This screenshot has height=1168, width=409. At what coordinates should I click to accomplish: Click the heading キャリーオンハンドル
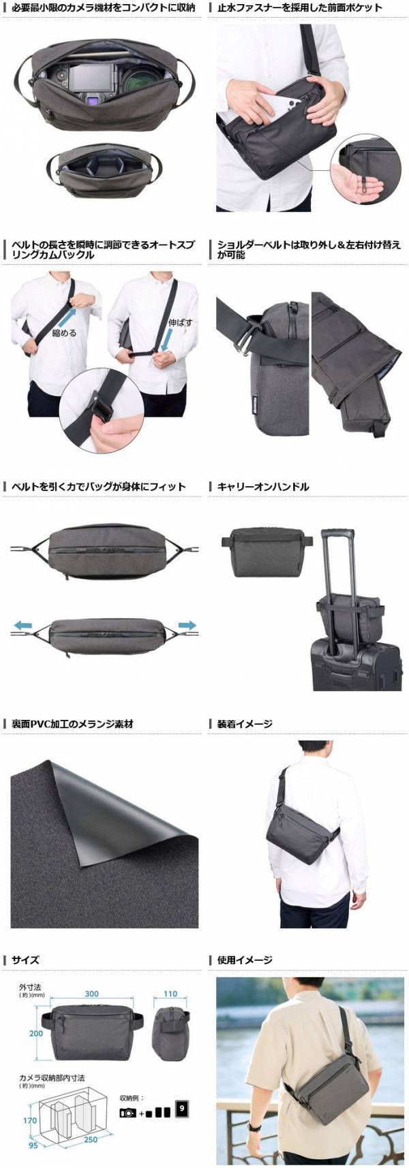(262, 486)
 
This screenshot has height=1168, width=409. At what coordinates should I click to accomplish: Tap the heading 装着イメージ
(245, 723)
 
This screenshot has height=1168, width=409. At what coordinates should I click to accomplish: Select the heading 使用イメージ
(245, 960)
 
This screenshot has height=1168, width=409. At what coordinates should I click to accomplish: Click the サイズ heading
(25, 960)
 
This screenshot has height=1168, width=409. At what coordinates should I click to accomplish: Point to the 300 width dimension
(91, 994)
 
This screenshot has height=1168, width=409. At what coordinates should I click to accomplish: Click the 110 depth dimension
(170, 994)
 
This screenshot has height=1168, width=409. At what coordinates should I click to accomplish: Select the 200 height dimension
(35, 1033)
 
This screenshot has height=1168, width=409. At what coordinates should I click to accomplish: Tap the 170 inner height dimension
(29, 1120)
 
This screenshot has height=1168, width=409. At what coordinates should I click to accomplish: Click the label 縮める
(63, 334)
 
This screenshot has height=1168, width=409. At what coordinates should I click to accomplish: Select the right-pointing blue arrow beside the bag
(187, 625)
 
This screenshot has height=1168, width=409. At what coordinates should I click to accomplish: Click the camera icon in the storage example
(127, 1113)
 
